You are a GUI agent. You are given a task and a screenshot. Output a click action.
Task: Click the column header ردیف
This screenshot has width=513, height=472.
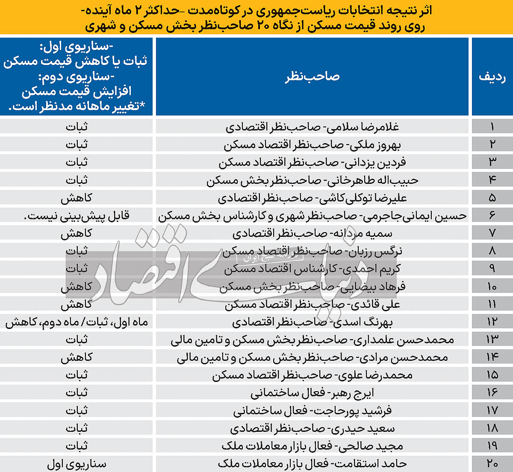pyautogui.click(x=492, y=77)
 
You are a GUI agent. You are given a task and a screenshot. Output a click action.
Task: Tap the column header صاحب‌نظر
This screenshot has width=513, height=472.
pyautogui.click(x=312, y=77)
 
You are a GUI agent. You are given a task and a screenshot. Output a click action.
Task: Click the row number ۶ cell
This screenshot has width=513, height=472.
pyautogui.click(x=492, y=215)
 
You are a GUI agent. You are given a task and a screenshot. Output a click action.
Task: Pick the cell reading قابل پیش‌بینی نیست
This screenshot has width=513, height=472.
pyautogui.click(x=77, y=216)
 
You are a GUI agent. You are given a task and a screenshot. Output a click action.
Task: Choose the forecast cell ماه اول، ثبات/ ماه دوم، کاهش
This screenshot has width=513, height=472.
pyautogui.click(x=77, y=322)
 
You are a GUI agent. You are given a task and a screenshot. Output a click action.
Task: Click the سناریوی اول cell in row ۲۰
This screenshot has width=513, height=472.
pyautogui.click(x=77, y=464)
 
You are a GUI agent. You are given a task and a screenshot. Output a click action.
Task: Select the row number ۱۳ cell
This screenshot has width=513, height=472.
pyautogui.click(x=492, y=339)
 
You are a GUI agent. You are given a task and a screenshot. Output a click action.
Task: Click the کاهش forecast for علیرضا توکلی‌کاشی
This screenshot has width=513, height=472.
pyautogui.click(x=77, y=198)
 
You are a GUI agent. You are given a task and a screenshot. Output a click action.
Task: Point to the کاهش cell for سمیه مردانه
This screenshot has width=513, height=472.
pyautogui.click(x=77, y=233)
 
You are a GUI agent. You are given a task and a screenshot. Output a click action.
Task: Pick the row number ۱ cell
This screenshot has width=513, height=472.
pyautogui.click(x=492, y=127)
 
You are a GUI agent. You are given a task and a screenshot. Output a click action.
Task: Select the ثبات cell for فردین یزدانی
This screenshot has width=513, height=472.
pyautogui.click(x=77, y=162)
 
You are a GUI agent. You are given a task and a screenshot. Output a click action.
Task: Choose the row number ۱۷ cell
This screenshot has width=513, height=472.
pyautogui.click(x=492, y=410)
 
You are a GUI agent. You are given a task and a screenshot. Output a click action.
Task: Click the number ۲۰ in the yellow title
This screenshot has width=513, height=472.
pyautogui.click(x=262, y=26)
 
